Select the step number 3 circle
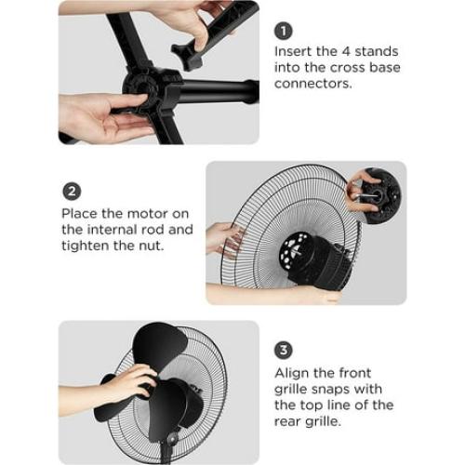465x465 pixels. click(285, 351)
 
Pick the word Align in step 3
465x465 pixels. click(293, 372)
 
